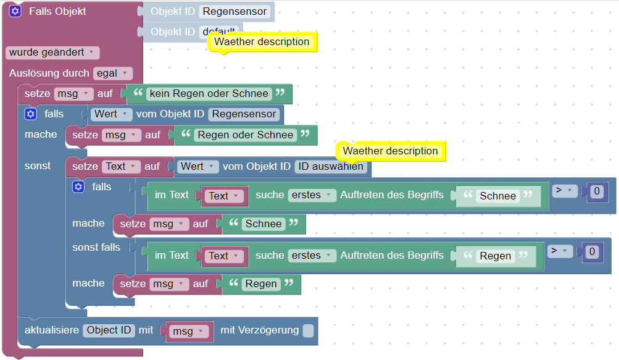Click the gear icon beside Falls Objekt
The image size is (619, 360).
(x=16, y=11)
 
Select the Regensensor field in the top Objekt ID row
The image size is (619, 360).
(x=235, y=11)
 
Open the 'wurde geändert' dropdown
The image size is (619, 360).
(x=52, y=52)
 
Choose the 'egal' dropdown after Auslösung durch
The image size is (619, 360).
(x=112, y=73)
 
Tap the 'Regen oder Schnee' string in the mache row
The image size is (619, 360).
(x=245, y=135)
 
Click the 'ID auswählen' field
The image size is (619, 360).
(x=331, y=167)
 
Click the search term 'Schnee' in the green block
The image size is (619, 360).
(x=497, y=196)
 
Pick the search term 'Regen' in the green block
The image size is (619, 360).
(x=495, y=256)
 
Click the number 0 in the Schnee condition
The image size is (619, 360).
(x=596, y=192)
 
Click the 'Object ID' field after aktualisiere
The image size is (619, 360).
(x=109, y=330)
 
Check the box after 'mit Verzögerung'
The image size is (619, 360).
(x=308, y=331)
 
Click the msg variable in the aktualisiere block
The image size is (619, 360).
(x=187, y=332)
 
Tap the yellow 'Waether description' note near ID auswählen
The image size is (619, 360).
(x=391, y=151)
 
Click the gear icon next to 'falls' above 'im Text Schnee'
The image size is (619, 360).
(x=78, y=186)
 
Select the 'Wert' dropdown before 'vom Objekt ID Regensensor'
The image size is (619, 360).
(x=110, y=114)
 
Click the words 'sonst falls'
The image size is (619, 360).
(x=96, y=248)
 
